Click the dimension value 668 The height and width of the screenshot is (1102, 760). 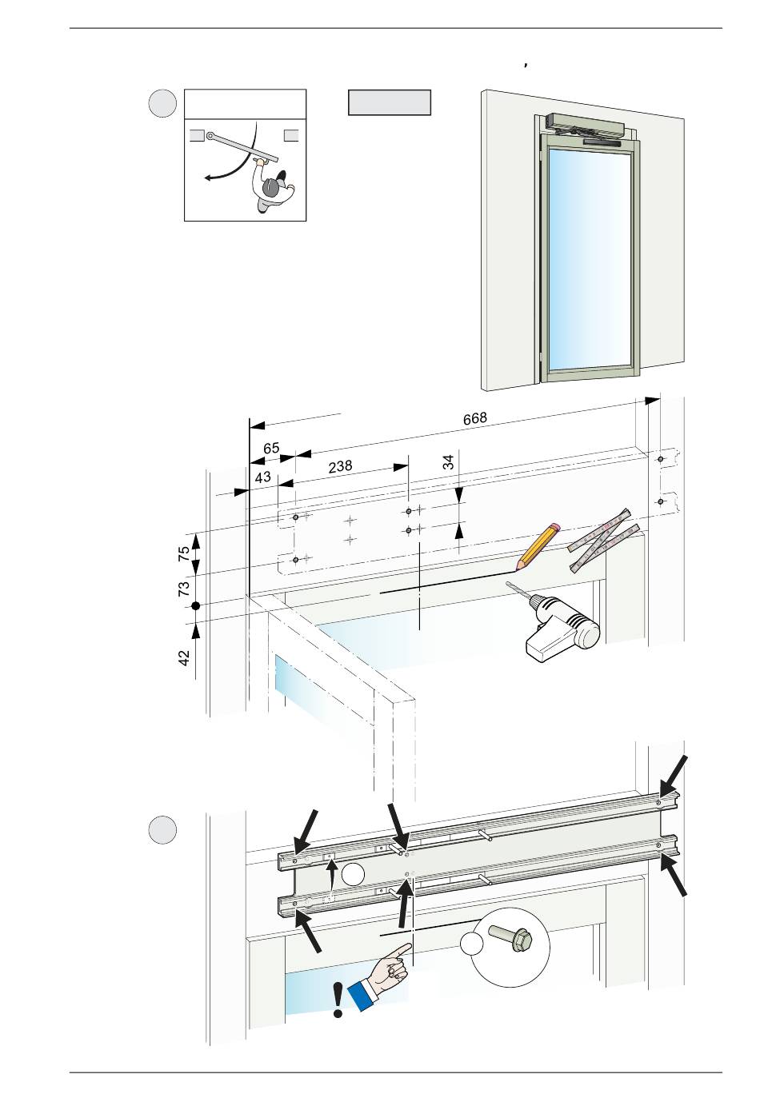pos(474,418)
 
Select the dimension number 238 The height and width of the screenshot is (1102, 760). pos(340,466)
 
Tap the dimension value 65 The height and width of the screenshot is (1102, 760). pos(271,448)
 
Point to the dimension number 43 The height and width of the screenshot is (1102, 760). pos(263,476)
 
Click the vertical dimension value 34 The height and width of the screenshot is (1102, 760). pos(449,462)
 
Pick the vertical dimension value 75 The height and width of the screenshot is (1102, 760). pos(184,554)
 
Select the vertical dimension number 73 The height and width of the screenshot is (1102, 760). pos(183,589)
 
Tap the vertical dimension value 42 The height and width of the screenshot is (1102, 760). pos(184,657)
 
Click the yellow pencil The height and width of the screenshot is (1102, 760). pos(538,546)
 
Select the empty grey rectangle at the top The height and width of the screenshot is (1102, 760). pos(390,102)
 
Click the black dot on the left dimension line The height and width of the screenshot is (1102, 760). pos(196,606)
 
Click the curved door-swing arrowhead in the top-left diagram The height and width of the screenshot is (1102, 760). pos(209,178)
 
